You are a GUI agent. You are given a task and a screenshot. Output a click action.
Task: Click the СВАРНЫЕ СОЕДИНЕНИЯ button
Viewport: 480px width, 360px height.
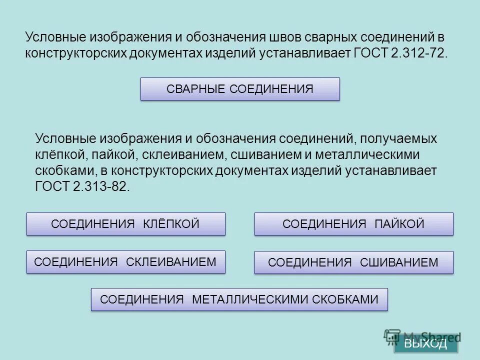coord(240,89)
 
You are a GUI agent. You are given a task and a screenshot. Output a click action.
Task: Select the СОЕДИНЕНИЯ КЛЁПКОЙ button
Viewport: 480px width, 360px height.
coord(125,224)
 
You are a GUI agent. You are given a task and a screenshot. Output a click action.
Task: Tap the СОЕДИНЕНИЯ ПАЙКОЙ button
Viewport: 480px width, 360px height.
coord(353,224)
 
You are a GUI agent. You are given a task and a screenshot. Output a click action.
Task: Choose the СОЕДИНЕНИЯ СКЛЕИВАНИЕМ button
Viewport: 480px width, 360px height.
coord(125,262)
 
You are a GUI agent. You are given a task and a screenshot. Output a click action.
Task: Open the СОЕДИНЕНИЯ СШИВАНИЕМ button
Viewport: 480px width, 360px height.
coord(353,262)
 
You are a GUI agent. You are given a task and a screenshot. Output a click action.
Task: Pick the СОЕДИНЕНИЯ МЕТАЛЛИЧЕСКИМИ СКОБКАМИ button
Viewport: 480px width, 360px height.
coord(239,299)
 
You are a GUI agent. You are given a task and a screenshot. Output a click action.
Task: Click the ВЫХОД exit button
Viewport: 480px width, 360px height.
coord(425,343)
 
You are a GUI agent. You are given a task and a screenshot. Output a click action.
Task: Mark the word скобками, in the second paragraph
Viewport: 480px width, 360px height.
coord(63,170)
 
